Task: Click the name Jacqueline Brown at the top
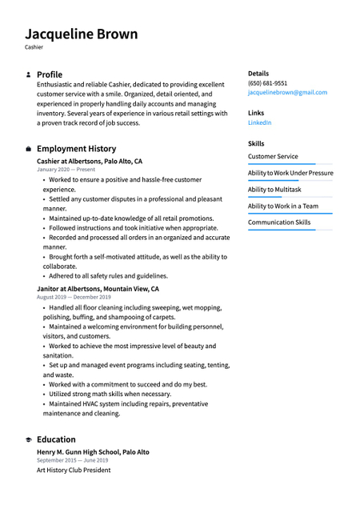click(x=81, y=34)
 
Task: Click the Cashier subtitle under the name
click(x=34, y=47)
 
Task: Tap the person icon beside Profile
click(x=28, y=74)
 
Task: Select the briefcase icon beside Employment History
click(x=28, y=149)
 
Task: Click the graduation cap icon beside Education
click(x=28, y=439)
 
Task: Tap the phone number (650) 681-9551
click(x=267, y=83)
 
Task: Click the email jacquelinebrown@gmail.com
click(x=287, y=93)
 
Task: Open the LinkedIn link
click(x=259, y=122)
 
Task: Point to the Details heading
click(x=258, y=73)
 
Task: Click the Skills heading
click(x=256, y=143)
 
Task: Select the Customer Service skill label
click(x=273, y=157)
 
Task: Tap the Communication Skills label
click(x=279, y=222)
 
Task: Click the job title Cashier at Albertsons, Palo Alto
click(x=90, y=161)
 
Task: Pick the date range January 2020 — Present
click(x=66, y=170)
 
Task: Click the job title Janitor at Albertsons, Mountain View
click(x=98, y=289)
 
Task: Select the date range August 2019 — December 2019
click(x=74, y=297)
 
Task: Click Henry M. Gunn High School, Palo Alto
click(x=93, y=452)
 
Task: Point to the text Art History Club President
click(x=74, y=470)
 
